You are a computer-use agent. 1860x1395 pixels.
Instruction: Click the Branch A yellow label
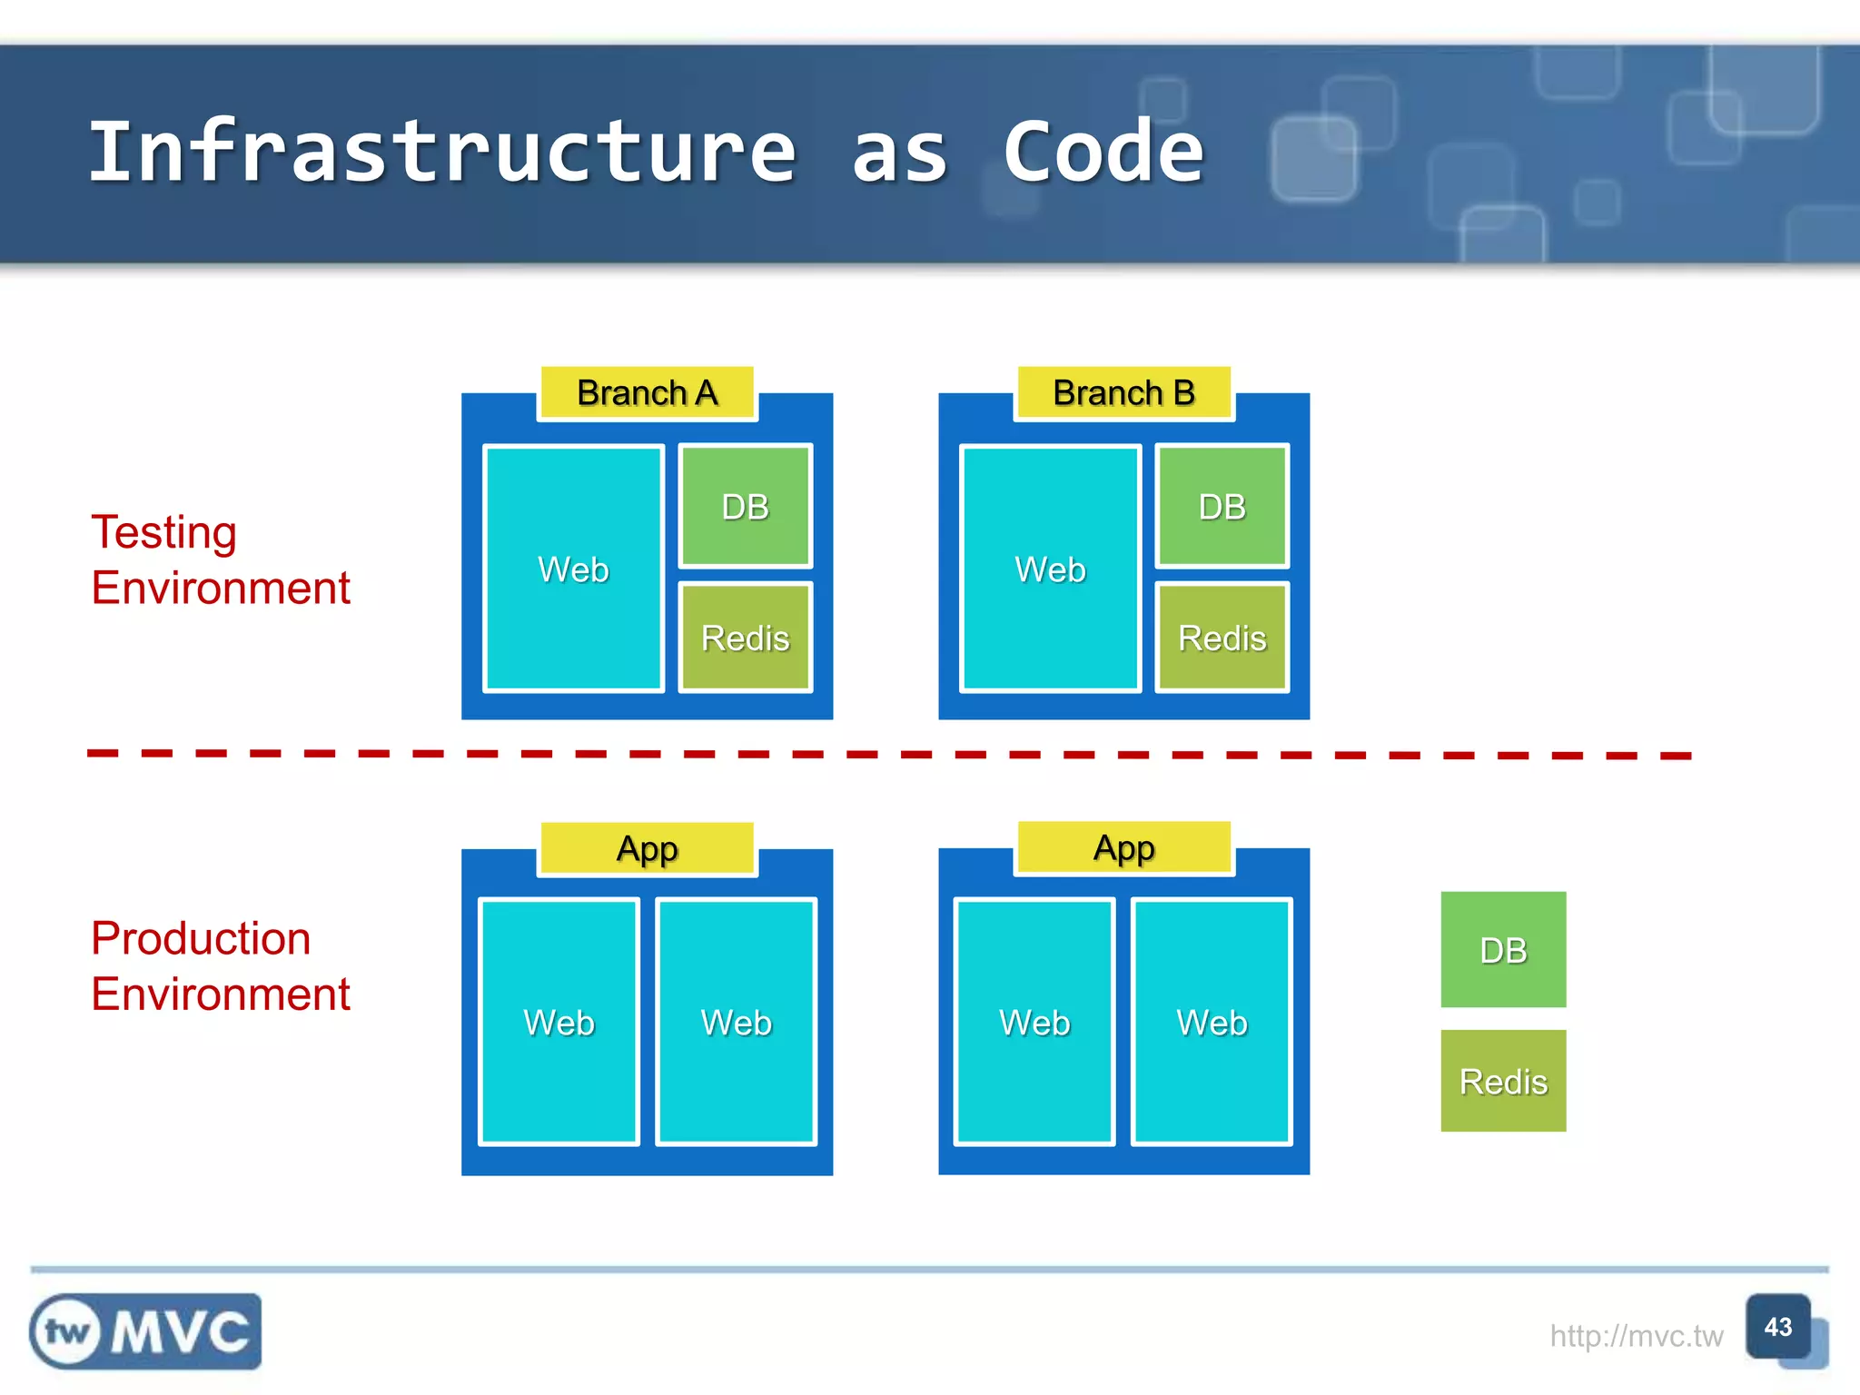pos(647,393)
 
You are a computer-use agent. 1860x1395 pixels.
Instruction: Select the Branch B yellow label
pos(1123,393)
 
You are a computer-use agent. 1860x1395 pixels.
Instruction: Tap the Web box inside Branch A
pos(573,569)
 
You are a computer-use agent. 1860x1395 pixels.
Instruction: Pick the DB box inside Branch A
pos(745,506)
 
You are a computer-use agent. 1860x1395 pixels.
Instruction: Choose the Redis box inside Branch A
pos(745,638)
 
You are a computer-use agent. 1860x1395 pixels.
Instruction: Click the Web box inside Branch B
pos(1050,569)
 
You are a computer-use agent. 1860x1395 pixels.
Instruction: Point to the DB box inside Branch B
pos(1222,506)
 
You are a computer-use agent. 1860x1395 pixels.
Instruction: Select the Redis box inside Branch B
pos(1222,638)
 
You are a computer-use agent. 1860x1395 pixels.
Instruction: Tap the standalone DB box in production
pos(1503,949)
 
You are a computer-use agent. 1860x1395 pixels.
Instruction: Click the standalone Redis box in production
pos(1503,1081)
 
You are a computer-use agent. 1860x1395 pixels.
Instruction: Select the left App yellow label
pos(647,849)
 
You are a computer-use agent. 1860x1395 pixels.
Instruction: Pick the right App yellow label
pos(1123,848)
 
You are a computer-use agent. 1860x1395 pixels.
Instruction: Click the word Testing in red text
pos(164,532)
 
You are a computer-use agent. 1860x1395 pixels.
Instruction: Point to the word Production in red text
pos(201,938)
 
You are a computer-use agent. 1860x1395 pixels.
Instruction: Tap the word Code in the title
pos(1103,152)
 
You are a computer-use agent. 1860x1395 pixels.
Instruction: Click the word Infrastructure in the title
pos(442,152)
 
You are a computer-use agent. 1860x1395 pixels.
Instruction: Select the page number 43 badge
pos(1778,1327)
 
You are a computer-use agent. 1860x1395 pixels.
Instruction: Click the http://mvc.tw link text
pos(1636,1336)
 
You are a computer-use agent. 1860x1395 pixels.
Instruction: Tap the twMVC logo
pos(145,1331)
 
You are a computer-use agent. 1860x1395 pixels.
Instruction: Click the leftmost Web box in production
pos(559,1022)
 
